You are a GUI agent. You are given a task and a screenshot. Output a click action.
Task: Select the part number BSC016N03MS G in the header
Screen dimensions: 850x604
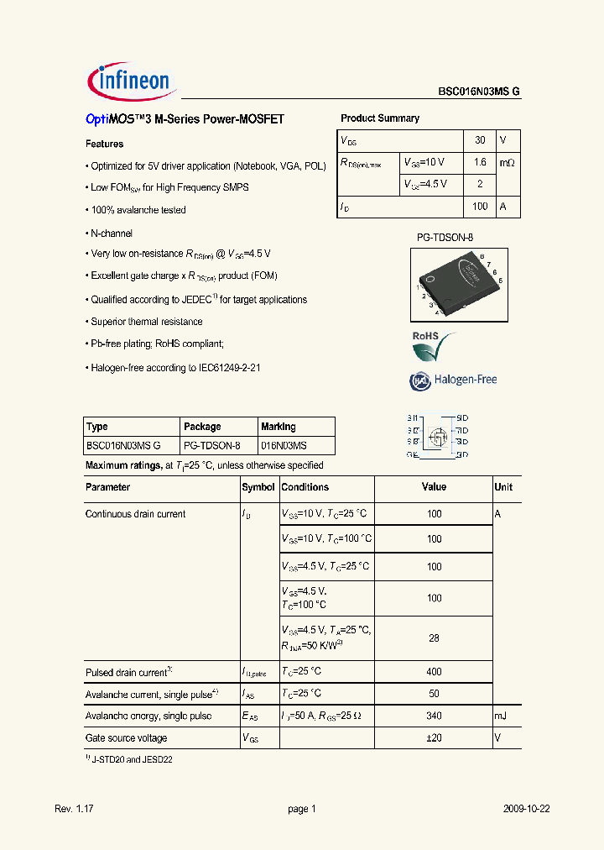click(x=478, y=93)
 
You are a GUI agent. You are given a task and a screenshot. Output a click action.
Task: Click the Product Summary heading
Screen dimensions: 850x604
click(x=380, y=118)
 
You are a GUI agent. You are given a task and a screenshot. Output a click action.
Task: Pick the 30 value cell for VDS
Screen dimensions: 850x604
click(x=479, y=139)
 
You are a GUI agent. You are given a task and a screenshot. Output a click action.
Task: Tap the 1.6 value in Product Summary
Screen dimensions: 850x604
click(x=479, y=162)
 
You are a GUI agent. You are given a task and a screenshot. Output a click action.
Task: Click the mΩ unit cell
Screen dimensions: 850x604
click(x=508, y=162)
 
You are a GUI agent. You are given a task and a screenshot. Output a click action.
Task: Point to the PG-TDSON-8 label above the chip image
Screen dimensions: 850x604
click(x=445, y=238)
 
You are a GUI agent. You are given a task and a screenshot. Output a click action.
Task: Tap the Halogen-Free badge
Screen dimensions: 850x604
click(x=454, y=380)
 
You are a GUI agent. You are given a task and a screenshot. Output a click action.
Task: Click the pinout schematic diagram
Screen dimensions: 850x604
click(x=437, y=435)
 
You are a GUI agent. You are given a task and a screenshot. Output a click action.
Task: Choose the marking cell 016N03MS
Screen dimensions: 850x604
click(x=284, y=446)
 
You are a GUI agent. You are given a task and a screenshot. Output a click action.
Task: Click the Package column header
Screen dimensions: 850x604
click(x=202, y=427)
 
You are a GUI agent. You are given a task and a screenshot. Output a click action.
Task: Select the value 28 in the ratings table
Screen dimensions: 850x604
click(x=434, y=638)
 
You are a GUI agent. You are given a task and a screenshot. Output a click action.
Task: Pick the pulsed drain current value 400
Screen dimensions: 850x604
click(x=434, y=672)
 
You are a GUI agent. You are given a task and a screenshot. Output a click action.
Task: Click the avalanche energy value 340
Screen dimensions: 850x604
click(x=434, y=716)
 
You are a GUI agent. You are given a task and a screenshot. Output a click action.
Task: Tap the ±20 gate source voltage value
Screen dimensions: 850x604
click(x=434, y=738)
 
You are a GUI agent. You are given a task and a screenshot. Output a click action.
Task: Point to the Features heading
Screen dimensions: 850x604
click(x=105, y=144)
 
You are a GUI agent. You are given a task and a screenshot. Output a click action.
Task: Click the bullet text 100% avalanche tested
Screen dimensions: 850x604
click(x=138, y=210)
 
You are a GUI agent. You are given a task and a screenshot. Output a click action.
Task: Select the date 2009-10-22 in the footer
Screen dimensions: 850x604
click(x=527, y=809)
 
